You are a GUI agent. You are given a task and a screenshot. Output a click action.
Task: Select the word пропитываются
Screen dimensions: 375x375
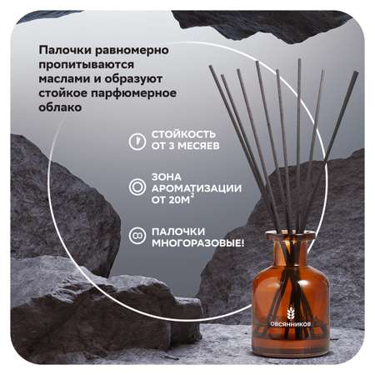87,66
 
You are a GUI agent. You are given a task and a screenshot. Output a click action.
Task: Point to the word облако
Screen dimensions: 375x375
60,107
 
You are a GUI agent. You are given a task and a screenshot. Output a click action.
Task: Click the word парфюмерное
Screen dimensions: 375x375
134,93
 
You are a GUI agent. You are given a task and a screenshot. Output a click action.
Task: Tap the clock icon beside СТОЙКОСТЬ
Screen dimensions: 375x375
137,142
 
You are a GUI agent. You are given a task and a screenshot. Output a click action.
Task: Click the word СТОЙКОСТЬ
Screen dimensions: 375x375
183,134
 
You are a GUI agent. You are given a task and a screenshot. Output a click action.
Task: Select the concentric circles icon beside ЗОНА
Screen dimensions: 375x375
137,187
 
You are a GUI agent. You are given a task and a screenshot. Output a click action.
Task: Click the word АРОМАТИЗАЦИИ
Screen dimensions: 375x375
197,188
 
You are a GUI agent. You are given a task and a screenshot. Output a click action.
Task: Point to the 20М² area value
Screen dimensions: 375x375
180,199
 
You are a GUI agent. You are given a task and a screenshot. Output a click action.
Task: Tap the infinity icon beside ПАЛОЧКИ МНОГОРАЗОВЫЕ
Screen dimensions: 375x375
137,236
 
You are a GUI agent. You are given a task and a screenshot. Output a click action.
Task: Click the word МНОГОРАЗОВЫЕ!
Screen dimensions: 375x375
198,243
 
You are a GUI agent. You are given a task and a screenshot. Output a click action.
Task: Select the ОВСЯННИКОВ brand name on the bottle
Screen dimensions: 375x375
291,324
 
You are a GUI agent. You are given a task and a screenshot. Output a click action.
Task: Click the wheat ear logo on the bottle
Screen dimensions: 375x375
291,313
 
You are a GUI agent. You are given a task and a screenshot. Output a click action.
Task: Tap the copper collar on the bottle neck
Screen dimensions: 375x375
291,237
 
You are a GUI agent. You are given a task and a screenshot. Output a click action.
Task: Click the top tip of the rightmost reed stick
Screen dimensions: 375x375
356,72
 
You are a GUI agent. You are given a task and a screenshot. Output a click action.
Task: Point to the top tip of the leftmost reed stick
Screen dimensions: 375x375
211,67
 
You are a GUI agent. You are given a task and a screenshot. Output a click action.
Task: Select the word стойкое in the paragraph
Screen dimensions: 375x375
63,93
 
